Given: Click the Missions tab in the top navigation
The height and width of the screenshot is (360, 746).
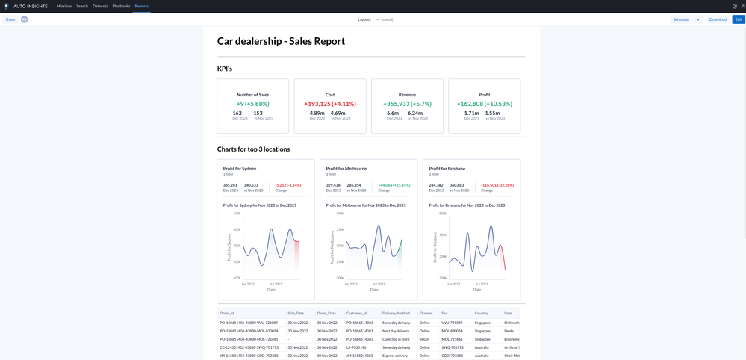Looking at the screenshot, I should tap(64, 6).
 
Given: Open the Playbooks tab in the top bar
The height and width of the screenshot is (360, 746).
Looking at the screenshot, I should tap(121, 6).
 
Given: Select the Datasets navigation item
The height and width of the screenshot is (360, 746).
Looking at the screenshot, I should tap(100, 6).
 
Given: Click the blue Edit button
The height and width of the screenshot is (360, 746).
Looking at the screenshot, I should tap(739, 19).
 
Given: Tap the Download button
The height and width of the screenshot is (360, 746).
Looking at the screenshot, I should tap(718, 19).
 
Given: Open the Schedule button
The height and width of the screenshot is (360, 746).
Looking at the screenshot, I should tap(681, 19).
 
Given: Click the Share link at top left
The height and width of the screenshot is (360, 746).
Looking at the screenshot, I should tap(10, 19).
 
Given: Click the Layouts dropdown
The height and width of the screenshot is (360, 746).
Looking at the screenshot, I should tap(367, 19).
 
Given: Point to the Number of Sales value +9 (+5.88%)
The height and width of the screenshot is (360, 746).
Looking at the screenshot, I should tap(252, 104).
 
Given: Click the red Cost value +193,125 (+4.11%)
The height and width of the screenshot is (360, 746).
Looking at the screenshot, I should tap(330, 104).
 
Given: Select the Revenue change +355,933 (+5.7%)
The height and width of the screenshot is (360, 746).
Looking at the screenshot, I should tap(407, 104).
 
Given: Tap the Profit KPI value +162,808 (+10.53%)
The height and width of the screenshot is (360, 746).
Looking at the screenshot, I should tap(485, 104).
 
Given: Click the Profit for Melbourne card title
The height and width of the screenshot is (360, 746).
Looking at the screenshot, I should tap(346, 169).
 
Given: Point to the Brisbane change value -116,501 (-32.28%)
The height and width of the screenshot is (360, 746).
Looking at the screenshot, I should tap(497, 184).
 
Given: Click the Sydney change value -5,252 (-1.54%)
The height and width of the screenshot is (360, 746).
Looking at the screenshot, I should tap(288, 184).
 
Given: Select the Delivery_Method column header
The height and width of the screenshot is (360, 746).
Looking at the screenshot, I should tap(397, 313).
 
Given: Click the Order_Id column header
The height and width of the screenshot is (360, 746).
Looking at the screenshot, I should tap(227, 313).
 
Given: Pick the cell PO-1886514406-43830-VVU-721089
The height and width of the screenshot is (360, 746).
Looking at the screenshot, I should tap(249, 323).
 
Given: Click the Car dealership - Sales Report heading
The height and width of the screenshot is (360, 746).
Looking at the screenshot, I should tap(281, 41).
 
